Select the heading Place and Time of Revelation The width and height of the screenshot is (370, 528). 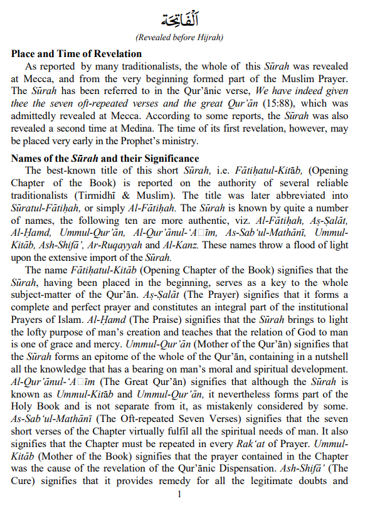coord(76,54)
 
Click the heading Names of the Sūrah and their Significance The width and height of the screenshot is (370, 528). coord(105,159)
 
